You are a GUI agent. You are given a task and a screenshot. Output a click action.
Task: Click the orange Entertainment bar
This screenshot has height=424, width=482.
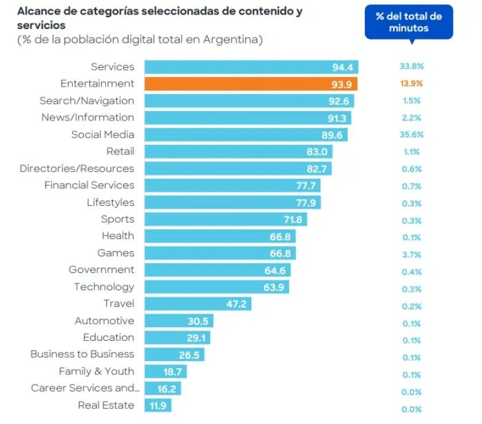(x=250, y=84)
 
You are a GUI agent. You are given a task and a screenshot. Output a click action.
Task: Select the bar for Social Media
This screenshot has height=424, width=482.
(x=246, y=134)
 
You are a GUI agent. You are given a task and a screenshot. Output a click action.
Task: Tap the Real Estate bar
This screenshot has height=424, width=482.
(x=157, y=405)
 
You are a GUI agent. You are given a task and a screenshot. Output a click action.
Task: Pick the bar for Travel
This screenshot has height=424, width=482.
(x=197, y=303)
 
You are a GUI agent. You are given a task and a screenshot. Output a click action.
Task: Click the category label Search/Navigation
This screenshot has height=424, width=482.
(x=87, y=100)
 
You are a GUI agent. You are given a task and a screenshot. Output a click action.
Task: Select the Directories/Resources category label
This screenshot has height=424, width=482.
(x=77, y=168)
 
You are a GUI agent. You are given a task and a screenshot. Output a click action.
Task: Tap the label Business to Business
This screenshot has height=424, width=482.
(x=82, y=354)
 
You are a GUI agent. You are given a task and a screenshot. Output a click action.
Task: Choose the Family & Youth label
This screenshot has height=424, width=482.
(x=96, y=371)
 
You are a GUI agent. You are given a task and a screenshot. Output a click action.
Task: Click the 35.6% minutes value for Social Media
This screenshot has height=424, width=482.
(x=411, y=134)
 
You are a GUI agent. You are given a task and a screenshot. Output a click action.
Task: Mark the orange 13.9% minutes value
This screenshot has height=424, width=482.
(x=411, y=84)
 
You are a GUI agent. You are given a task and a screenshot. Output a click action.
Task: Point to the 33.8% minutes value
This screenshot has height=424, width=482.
(x=411, y=67)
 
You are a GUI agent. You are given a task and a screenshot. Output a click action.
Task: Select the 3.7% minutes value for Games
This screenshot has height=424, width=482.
(x=411, y=254)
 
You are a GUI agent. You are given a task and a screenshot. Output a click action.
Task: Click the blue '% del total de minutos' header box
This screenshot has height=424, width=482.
(x=409, y=22)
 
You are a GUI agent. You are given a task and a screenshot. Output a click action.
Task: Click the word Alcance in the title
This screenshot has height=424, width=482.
(x=39, y=12)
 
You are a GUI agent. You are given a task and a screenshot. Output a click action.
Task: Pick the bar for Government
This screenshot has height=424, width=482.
(x=217, y=270)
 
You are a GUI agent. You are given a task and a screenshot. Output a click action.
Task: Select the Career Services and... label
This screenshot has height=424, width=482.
(x=85, y=388)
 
